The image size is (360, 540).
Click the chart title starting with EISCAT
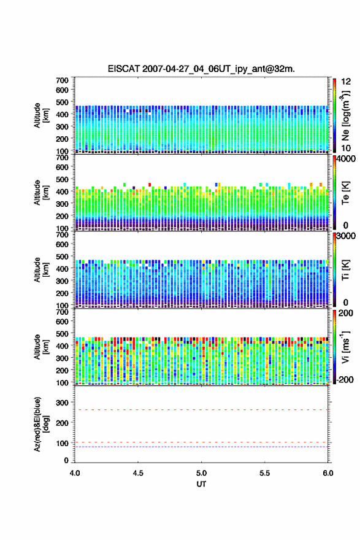(x=201, y=69)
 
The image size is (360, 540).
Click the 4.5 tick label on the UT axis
(x=138, y=473)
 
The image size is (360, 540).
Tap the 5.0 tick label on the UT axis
(x=201, y=473)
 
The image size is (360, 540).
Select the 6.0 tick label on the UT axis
(x=328, y=473)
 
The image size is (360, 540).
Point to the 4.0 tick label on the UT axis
(x=75, y=473)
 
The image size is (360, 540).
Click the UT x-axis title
(x=201, y=484)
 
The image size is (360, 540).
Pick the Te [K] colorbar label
(x=345, y=193)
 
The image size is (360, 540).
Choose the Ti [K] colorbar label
(x=345, y=270)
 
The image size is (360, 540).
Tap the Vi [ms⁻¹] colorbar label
(x=345, y=347)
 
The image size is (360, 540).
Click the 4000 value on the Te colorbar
(x=346, y=159)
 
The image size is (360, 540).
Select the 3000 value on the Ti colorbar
(x=346, y=236)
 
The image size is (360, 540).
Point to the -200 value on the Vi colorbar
(x=345, y=379)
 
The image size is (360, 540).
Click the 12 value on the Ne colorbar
(x=346, y=82)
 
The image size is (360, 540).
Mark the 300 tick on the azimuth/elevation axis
(x=63, y=403)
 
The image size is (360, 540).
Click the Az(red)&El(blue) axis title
(x=41, y=424)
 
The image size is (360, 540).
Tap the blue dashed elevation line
(x=201, y=447)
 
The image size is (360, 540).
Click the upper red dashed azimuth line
(x=201, y=410)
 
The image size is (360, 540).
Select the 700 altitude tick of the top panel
(x=63, y=80)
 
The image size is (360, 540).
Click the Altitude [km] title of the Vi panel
(x=41, y=347)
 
